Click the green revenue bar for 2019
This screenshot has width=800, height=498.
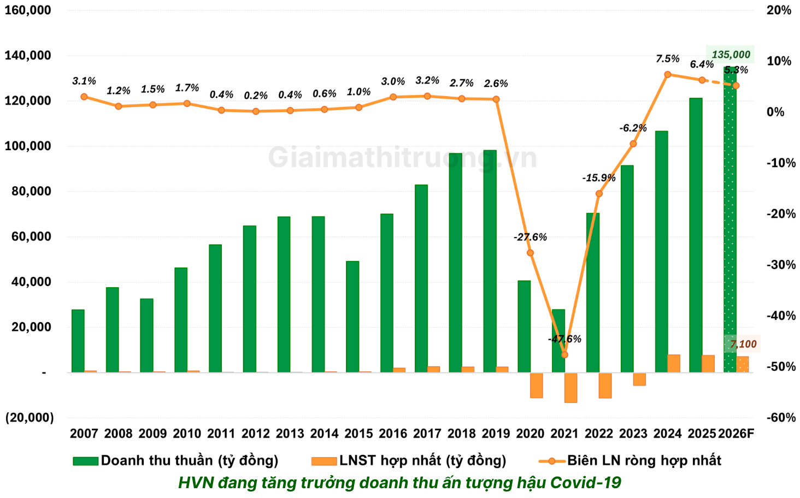coord(490,262)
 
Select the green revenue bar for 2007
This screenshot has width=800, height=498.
coord(78,341)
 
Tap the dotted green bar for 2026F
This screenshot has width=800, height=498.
coord(730,218)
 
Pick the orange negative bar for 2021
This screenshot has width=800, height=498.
coord(570,388)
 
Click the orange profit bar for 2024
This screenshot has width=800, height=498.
coord(674,364)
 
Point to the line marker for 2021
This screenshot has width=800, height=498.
coord(564,354)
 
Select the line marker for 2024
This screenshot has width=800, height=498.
coord(668,74)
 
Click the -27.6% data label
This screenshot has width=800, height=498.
coord(530,237)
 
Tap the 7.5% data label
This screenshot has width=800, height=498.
coord(668,59)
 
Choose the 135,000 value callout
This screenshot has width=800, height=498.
coord(731,55)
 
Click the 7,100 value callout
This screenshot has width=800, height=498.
coord(743,344)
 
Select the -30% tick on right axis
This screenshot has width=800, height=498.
coord(780,265)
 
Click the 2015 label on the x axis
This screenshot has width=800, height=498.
coord(358,434)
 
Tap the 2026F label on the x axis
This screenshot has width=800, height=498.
coord(736,434)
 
